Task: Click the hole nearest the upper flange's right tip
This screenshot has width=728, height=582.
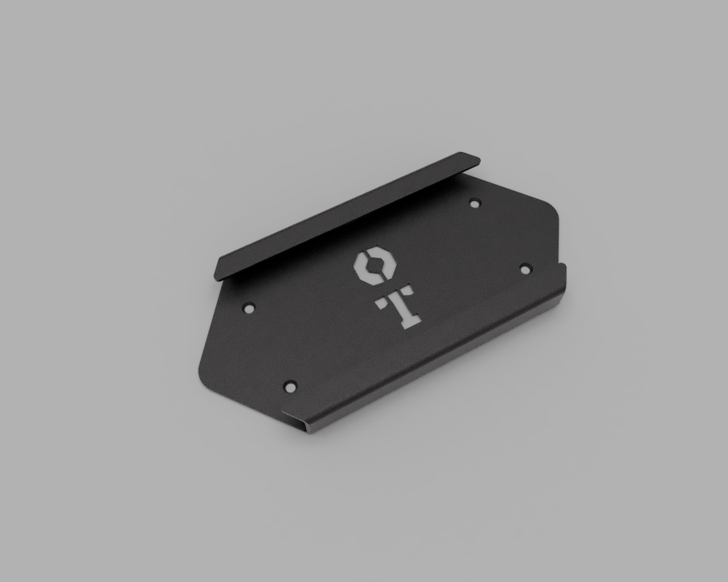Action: point(474,202)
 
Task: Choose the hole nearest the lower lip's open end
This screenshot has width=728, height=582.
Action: point(290,386)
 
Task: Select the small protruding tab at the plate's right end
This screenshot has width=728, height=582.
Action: point(564,266)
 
